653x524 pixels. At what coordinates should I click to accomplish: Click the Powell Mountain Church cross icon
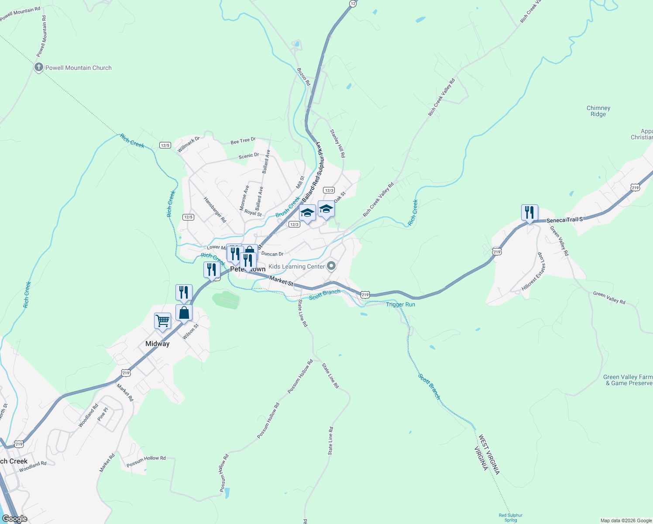[38, 67]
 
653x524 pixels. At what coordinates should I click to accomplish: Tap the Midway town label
[157, 344]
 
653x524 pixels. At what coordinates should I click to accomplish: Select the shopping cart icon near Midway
[162, 321]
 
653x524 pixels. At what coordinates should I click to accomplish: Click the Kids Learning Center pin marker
[331, 266]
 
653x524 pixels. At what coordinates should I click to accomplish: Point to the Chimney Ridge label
[598, 111]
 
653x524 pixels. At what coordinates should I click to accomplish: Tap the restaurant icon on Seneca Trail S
[529, 213]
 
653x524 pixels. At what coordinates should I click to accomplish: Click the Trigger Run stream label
[400, 304]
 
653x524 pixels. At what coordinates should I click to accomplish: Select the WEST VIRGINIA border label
[489, 454]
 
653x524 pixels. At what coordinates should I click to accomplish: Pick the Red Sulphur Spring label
[510, 517]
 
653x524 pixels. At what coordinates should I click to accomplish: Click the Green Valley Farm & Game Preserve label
[628, 380]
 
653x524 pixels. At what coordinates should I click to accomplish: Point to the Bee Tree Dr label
[243, 141]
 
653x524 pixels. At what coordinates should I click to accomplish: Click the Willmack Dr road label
[188, 145]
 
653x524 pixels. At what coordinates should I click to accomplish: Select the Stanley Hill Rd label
[337, 143]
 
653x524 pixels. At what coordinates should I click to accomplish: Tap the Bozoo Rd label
[303, 76]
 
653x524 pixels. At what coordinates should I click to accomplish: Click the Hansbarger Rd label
[215, 210]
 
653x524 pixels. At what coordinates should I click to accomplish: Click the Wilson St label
[190, 332]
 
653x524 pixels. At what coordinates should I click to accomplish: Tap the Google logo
[14, 519]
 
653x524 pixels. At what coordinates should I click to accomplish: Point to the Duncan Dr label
[272, 254]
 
